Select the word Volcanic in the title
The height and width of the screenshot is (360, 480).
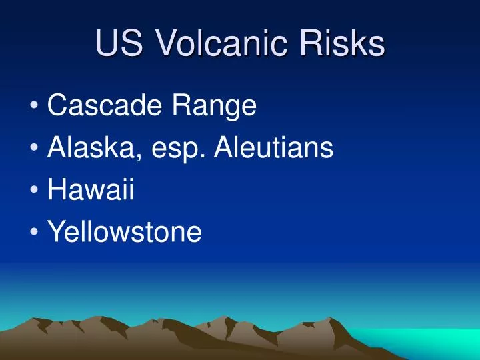(x=218, y=44)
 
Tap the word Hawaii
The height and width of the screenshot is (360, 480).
(x=91, y=190)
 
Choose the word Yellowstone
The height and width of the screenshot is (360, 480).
(x=125, y=232)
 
